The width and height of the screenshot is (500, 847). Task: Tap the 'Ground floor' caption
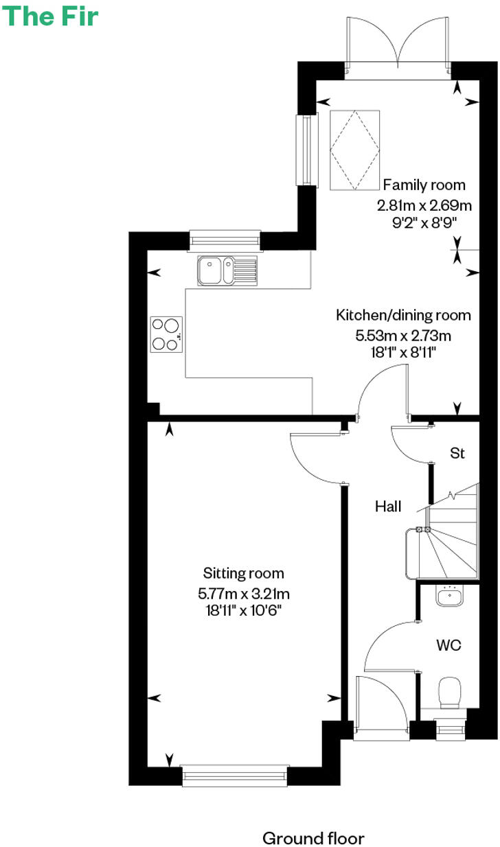point(313,819)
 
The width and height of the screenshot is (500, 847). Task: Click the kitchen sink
point(227,270)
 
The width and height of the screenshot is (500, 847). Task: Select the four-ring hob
point(166,334)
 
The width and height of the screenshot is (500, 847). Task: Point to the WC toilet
point(451,692)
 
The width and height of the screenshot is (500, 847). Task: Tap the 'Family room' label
point(424,185)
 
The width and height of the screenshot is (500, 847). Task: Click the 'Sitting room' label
point(243,573)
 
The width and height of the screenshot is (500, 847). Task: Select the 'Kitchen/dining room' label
point(403,315)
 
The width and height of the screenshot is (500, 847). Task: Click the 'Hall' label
point(388,507)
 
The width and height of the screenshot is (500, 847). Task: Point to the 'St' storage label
point(457,453)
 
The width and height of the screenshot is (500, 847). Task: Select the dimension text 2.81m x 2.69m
point(424,205)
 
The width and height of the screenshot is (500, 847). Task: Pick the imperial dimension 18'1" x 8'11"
point(403,352)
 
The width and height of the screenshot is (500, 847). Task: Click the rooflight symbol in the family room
point(355,149)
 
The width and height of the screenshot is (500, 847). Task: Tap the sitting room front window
point(234,775)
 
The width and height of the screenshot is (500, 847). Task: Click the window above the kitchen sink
point(225,240)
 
